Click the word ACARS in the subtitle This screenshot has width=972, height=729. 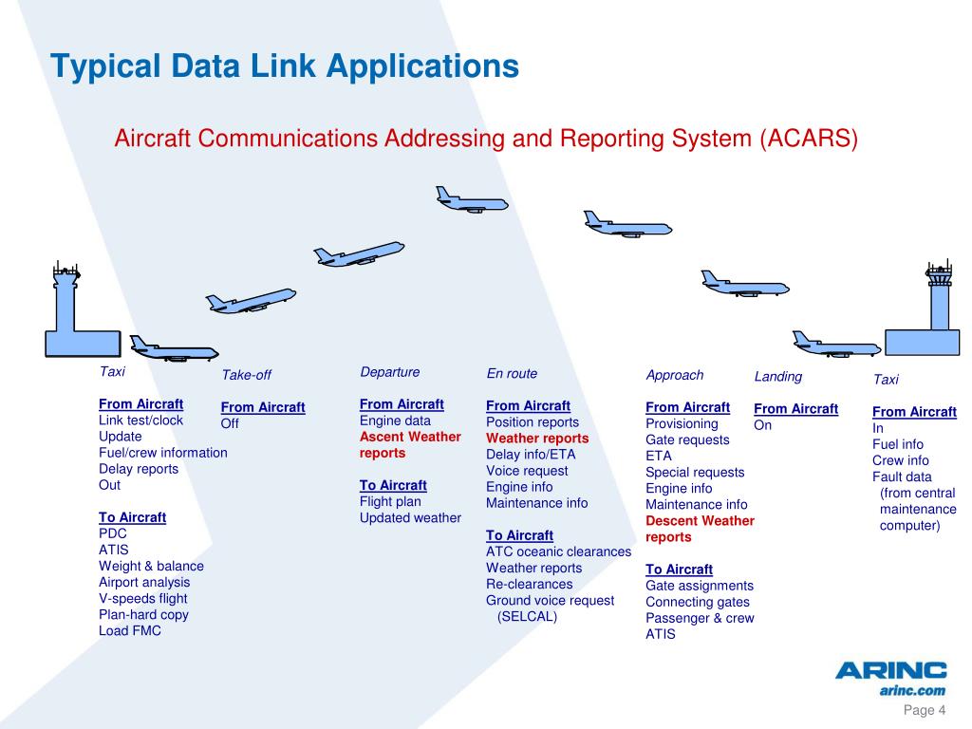click(809, 139)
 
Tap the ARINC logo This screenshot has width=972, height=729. click(890, 671)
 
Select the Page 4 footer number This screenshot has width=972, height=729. click(925, 711)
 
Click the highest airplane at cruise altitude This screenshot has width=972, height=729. click(471, 200)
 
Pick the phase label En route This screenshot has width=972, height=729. click(512, 373)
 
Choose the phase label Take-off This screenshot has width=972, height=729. click(246, 375)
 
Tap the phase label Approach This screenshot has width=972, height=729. click(674, 375)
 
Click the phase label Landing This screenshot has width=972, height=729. click(777, 376)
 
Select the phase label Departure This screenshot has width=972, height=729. click(389, 371)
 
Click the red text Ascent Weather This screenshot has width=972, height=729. click(410, 437)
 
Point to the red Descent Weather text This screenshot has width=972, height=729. click(700, 520)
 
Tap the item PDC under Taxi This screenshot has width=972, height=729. click(112, 533)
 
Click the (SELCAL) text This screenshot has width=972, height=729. click(527, 616)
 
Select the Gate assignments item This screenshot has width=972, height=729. click(699, 586)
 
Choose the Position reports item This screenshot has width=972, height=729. click(532, 422)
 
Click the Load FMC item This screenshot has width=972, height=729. click(129, 630)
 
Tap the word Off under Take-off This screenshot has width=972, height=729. click(230, 423)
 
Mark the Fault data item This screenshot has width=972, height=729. click(902, 477)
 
